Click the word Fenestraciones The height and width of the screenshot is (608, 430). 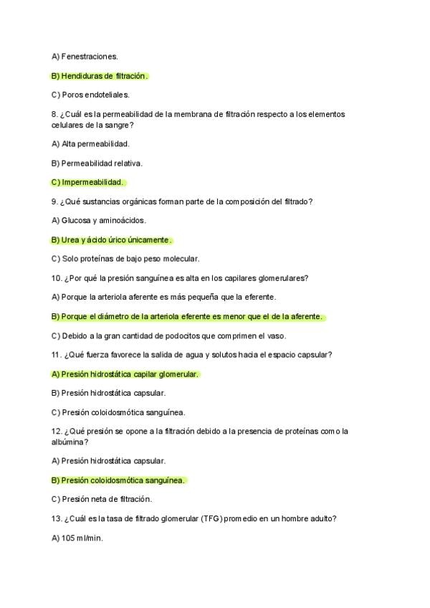(90, 56)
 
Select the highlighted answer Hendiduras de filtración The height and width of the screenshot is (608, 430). (100, 75)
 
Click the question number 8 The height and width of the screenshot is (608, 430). (54, 114)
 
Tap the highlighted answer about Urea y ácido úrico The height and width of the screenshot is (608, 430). (112, 239)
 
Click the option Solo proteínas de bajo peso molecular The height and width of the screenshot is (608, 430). (125, 259)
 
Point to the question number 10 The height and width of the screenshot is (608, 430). (57, 278)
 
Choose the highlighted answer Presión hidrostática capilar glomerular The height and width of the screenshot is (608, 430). (125, 374)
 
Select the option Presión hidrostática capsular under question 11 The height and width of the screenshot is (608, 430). (108, 393)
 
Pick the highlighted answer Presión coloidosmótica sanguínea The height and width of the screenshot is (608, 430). (119, 480)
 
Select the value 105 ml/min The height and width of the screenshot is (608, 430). (77, 538)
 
